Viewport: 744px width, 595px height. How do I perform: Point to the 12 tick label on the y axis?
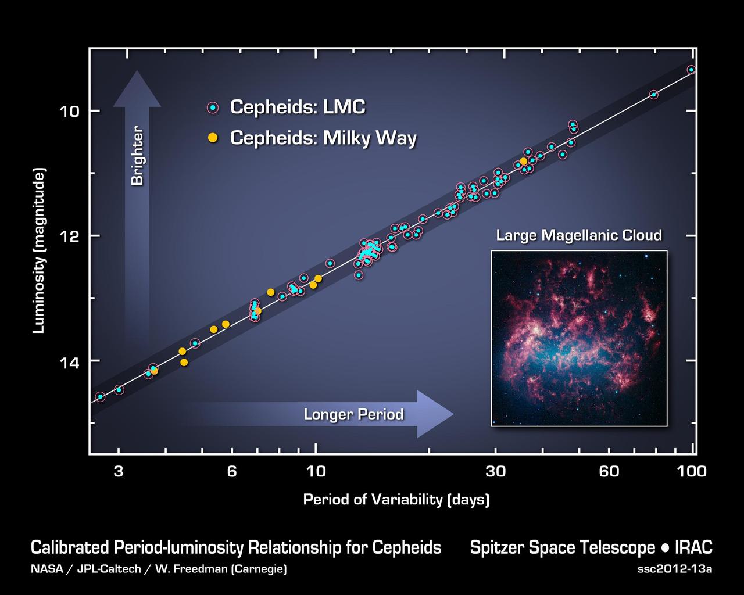click(x=71, y=236)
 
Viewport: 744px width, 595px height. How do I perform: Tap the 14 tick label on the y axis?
click(x=71, y=361)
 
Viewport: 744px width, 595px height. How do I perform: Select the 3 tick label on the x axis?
click(x=119, y=471)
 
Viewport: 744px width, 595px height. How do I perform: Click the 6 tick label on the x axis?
click(x=232, y=471)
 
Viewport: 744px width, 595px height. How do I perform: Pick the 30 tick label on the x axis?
click(x=496, y=471)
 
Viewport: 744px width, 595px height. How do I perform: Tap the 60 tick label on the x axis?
click(x=609, y=471)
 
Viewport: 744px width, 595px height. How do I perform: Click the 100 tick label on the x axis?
click(x=692, y=471)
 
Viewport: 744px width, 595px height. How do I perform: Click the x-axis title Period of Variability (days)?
click(x=396, y=500)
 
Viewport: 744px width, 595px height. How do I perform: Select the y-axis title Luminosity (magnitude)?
click(x=39, y=251)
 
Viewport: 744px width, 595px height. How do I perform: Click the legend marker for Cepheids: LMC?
click(x=213, y=107)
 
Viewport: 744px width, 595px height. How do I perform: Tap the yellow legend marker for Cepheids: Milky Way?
click(x=213, y=138)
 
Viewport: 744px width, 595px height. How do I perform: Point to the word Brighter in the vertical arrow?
click(x=137, y=156)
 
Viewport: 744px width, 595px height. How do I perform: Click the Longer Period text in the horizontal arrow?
click(x=353, y=414)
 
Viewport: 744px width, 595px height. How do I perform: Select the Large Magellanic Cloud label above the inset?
click(x=578, y=235)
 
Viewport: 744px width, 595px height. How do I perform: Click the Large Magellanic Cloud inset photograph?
click(x=579, y=338)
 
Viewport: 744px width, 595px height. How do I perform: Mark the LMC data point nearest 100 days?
click(x=691, y=70)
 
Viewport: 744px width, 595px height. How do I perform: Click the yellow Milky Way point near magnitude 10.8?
click(x=523, y=162)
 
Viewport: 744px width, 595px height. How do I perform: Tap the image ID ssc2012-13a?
click(x=674, y=569)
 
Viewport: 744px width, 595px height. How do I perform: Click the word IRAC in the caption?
click(x=693, y=548)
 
